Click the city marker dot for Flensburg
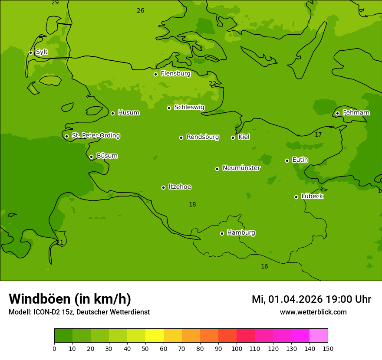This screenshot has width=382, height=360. tap(155, 74)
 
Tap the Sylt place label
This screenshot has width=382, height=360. tap(42, 52)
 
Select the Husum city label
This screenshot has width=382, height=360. tap(128, 113)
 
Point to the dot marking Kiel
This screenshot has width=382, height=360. tap(233, 137)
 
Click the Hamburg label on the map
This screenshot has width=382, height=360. tap(241, 233)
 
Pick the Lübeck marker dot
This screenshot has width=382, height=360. tap(296, 197)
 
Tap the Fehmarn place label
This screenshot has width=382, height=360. tap(356, 113)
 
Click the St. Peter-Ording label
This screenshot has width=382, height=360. tap(95, 136)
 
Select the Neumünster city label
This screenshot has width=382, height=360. tap(241, 168)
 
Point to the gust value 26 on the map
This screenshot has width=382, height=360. tap(140, 10)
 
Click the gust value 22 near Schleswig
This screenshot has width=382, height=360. tap(212, 83)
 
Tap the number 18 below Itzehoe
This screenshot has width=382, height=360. tap(192, 204)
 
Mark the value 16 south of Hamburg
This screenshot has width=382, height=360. tap(264, 266)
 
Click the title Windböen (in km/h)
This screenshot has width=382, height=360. tap(70, 299)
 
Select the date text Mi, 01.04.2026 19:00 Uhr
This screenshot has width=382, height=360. tap(311, 299)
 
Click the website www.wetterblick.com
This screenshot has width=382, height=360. tap(313, 312)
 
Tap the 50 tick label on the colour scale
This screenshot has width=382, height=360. tap(145, 348)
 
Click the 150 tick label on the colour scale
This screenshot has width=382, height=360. tap(328, 348)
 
